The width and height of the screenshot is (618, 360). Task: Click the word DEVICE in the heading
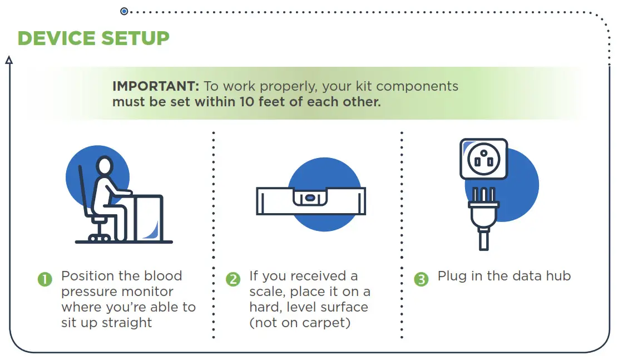[56, 38]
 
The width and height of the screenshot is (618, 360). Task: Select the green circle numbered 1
[45, 279]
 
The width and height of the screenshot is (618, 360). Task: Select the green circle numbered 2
[233, 279]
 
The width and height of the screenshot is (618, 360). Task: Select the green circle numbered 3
[422, 279]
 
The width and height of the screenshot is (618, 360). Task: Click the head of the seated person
[105, 165]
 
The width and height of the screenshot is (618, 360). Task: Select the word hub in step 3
[558, 276]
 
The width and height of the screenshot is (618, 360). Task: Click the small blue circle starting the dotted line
[124, 11]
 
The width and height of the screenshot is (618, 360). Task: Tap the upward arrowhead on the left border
[9, 60]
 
